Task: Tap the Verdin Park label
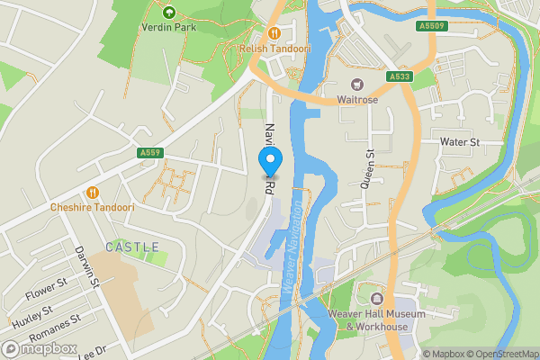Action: (168, 26)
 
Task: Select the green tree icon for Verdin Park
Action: (168, 12)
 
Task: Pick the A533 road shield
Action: (400, 77)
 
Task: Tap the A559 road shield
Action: (151, 154)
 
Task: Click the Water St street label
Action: (460, 142)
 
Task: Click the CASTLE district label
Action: (132, 247)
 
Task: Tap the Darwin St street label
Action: (86, 268)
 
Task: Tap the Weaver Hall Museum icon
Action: (376, 298)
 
